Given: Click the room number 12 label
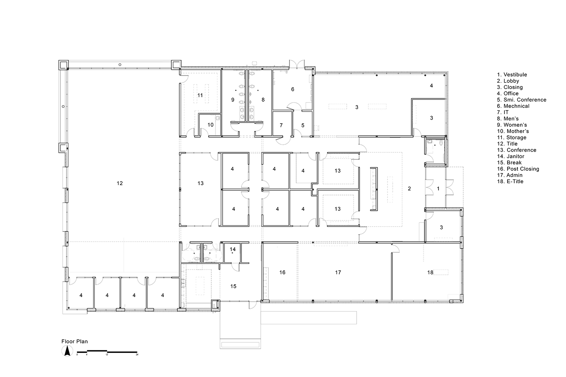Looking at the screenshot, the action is pyautogui.click(x=120, y=183).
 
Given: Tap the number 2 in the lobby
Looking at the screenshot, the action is pyautogui.click(x=409, y=188).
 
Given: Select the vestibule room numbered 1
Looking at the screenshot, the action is pyautogui.click(x=438, y=188).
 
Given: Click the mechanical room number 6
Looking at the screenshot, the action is pyautogui.click(x=292, y=89).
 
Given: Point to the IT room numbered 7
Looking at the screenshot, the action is pyautogui.click(x=281, y=126).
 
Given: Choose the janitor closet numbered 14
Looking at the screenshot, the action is pyautogui.click(x=233, y=250).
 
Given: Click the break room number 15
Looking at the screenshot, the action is pyautogui.click(x=233, y=287).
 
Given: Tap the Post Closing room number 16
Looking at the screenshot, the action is pyautogui.click(x=282, y=273).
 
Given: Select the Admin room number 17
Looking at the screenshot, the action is pyautogui.click(x=338, y=273).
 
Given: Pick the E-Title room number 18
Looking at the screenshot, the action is pyautogui.click(x=430, y=273).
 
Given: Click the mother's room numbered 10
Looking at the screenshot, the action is pyautogui.click(x=211, y=125).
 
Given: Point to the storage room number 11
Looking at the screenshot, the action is pyautogui.click(x=200, y=95).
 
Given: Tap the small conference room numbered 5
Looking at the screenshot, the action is pyautogui.click(x=303, y=126).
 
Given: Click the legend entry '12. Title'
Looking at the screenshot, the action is pyautogui.click(x=507, y=144).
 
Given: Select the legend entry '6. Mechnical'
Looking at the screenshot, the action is pyautogui.click(x=513, y=106).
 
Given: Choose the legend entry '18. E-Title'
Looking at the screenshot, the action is pyautogui.click(x=510, y=182).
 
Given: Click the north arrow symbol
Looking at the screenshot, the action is pyautogui.click(x=67, y=351).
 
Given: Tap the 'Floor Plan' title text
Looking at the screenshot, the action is pyautogui.click(x=75, y=342).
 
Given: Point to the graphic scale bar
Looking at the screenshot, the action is pyautogui.click(x=107, y=352).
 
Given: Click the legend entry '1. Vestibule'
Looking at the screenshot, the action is pyautogui.click(x=512, y=75).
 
